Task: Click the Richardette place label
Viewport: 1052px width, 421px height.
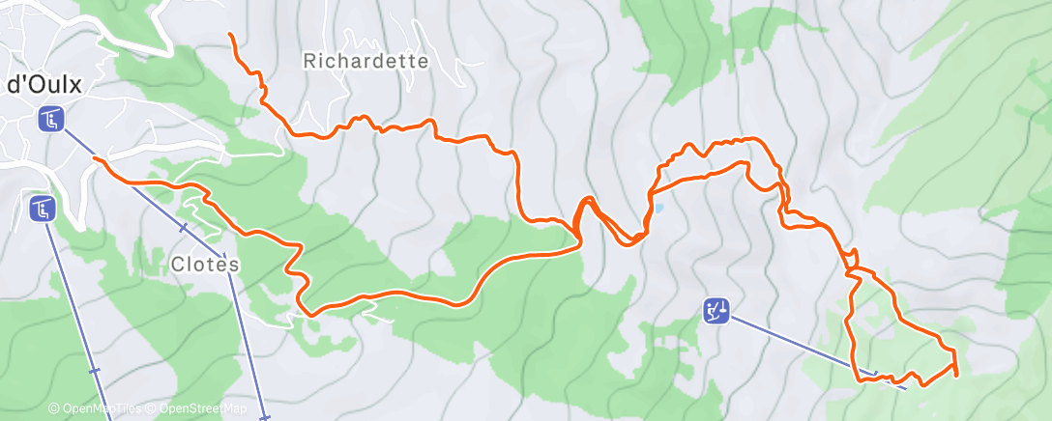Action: pos(365,61)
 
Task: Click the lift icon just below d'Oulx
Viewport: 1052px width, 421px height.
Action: pos(51,121)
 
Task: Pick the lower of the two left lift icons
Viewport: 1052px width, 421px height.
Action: pos(41,208)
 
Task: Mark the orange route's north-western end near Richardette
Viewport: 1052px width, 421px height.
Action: pos(230,35)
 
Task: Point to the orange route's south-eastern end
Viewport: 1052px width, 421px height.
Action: pos(956,373)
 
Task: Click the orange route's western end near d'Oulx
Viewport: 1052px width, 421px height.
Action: pos(94,156)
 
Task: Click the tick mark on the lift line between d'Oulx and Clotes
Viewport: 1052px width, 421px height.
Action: pos(183,228)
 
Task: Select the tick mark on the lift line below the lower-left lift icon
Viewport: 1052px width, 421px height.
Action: pos(93,370)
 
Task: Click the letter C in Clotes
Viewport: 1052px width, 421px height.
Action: pos(178,263)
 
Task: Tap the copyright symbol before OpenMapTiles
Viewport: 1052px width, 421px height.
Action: pos(54,409)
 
